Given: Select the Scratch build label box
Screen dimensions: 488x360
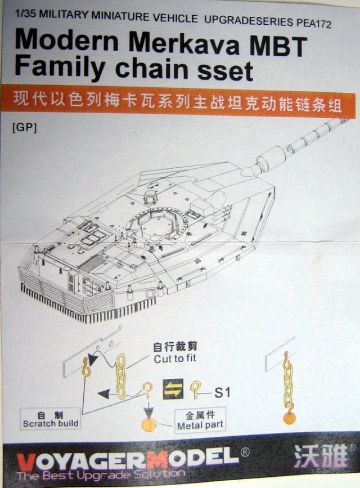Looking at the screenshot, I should tap(51, 419).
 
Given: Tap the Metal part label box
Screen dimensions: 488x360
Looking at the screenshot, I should tap(200, 420).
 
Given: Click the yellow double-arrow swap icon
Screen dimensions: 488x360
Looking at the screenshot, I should tap(173, 388).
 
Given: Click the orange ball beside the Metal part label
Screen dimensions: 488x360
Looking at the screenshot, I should tap(149, 423).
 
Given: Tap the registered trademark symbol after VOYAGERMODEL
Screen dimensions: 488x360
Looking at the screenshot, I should tap(245, 451).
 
